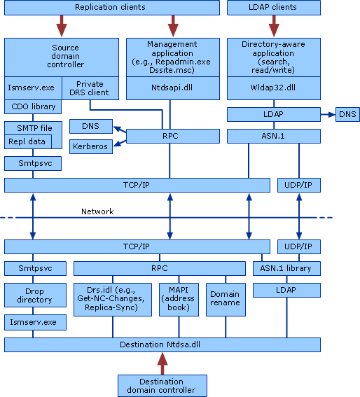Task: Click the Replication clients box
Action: click(110, 8)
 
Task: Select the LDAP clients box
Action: click(274, 8)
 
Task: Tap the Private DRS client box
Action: click(100, 88)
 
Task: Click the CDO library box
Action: click(32, 106)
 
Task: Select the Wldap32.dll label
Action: click(274, 88)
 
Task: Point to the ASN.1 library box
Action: click(286, 267)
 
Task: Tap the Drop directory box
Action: click(34, 295)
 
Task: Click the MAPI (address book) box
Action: click(179, 299)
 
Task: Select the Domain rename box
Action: click(224, 299)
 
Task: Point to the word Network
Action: click(97, 211)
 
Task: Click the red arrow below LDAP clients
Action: click(274, 27)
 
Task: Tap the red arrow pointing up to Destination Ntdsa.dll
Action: click(162, 363)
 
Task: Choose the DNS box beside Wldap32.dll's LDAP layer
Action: click(347, 113)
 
